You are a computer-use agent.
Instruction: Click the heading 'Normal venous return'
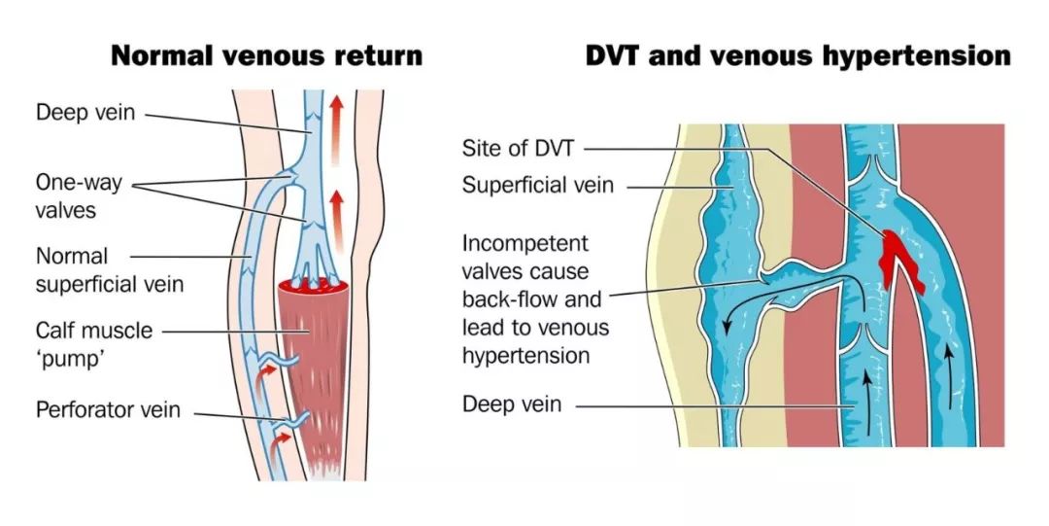pos(266,54)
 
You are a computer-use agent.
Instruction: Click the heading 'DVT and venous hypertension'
pos(797,54)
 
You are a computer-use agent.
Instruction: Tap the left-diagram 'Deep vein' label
pos(85,114)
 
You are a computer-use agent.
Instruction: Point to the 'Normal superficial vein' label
pos(109,270)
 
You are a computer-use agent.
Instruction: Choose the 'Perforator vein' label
pos(108,409)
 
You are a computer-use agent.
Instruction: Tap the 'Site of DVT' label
pos(520,150)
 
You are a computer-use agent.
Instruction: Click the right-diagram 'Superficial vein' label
pos(537,185)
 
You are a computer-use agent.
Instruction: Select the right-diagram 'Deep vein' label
pos(512,403)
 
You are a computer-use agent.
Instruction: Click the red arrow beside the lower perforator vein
pos(282,444)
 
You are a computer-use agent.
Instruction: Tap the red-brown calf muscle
pos(310,369)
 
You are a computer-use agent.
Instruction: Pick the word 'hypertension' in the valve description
pos(525,356)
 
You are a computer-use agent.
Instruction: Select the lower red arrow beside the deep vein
pos(336,211)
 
